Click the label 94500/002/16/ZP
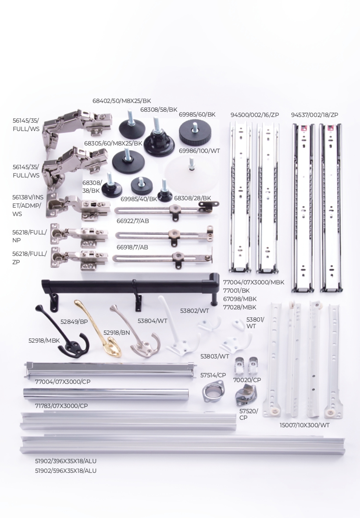click(x=255, y=115)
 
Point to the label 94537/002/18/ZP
click(x=314, y=115)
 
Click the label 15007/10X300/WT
click(x=304, y=425)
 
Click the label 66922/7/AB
click(x=132, y=221)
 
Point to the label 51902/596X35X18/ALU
click(x=66, y=471)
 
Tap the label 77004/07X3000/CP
click(x=63, y=382)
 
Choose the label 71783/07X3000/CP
click(x=61, y=406)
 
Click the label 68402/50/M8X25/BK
click(x=121, y=101)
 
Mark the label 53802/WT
click(x=194, y=311)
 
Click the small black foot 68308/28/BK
click(x=164, y=192)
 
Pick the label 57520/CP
click(x=249, y=414)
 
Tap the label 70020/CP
click(x=247, y=380)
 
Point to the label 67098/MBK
click(x=240, y=298)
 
